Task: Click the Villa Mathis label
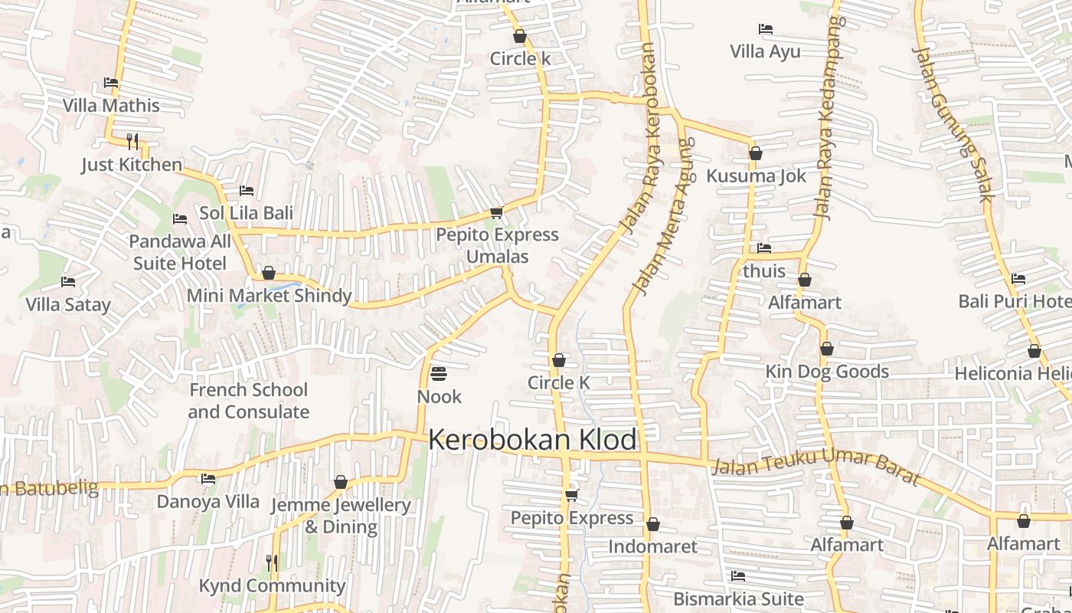tap(111, 106)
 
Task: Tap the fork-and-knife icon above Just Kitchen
tap(132, 141)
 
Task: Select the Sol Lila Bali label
tap(247, 213)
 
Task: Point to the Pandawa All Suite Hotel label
tap(180, 253)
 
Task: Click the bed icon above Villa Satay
tap(68, 282)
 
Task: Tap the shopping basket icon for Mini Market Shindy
tap(269, 274)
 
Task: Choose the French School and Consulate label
tap(249, 401)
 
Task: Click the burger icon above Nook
tap(439, 374)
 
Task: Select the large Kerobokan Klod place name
tap(532, 440)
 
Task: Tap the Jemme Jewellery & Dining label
tap(341, 516)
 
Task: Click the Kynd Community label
tap(272, 585)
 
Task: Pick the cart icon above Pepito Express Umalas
tap(497, 213)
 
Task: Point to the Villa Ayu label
tap(765, 52)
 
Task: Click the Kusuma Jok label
tap(756, 176)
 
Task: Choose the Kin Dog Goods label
tap(827, 372)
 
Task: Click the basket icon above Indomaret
tap(653, 524)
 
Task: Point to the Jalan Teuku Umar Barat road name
tap(815, 466)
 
